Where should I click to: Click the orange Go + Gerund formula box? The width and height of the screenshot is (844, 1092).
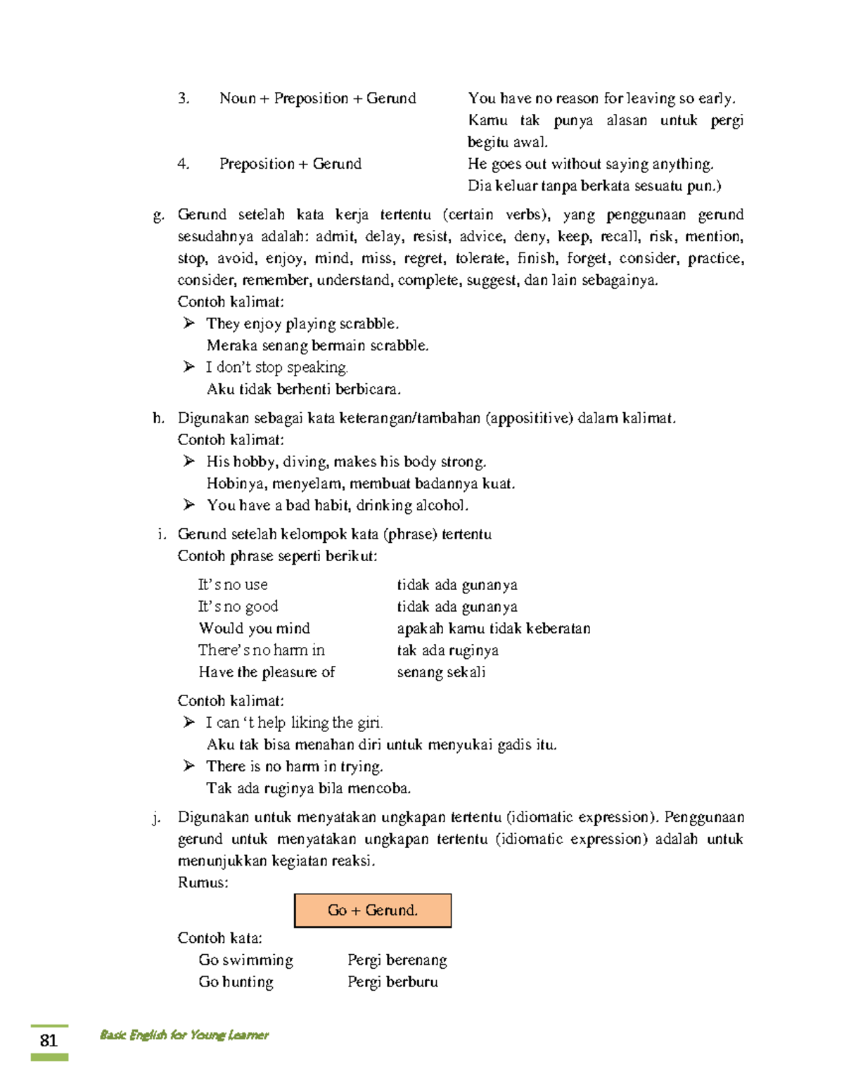372,910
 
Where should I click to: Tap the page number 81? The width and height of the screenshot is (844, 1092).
49,1041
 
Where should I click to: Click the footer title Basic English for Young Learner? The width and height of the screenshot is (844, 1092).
184,1034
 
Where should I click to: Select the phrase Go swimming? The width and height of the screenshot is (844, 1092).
245,960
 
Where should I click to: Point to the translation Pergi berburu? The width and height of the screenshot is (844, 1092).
392,982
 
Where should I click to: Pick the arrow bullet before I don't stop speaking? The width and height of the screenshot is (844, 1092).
188,367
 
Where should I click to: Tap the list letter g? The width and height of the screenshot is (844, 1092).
158,215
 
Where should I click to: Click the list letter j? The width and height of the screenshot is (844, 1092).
156,818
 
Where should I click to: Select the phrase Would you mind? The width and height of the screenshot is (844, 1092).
254,628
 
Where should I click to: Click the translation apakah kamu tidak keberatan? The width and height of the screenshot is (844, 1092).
493,628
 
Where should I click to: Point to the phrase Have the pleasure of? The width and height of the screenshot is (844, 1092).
267,672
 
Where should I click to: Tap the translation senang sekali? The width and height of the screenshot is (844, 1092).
441,672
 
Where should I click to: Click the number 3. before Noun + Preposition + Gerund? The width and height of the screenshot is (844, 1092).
184,98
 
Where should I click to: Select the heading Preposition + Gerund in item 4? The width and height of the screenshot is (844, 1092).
290,164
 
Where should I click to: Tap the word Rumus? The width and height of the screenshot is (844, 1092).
203,882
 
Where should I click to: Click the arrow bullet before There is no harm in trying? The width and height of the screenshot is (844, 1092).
188,766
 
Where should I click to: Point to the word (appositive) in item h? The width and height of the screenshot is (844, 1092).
529,418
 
